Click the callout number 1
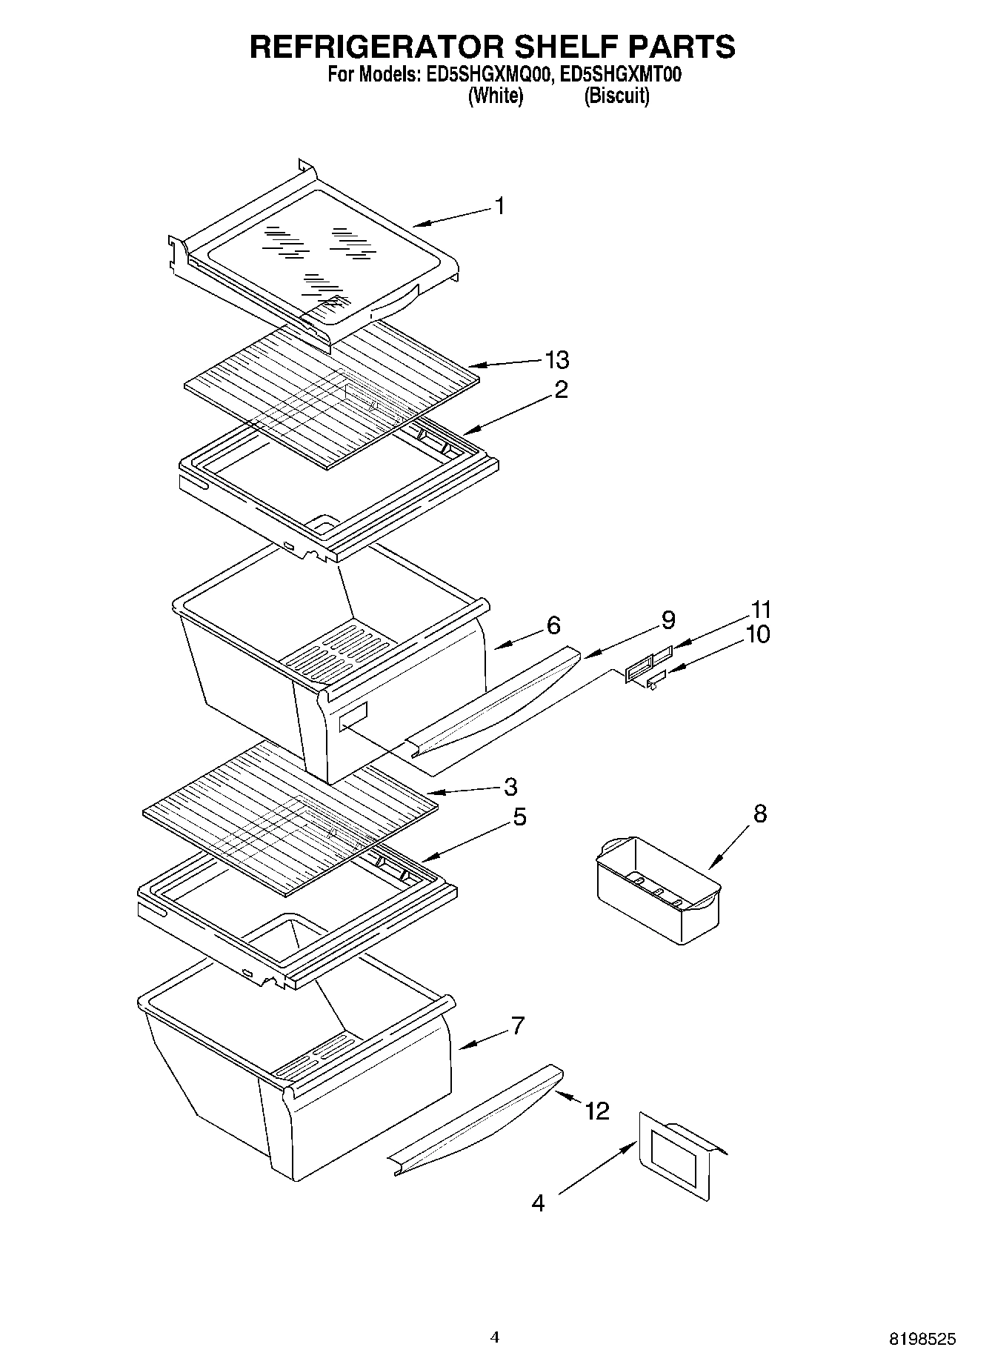(500, 206)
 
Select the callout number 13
(556, 360)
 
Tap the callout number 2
(561, 390)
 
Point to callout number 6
(553, 625)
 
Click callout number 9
(668, 620)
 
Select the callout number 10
(758, 634)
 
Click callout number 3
(510, 786)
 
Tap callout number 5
(519, 817)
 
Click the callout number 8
(759, 814)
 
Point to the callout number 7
(517, 1026)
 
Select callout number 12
(596, 1111)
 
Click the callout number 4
(538, 1203)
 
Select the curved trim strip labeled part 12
(474, 1119)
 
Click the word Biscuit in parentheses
(616, 96)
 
